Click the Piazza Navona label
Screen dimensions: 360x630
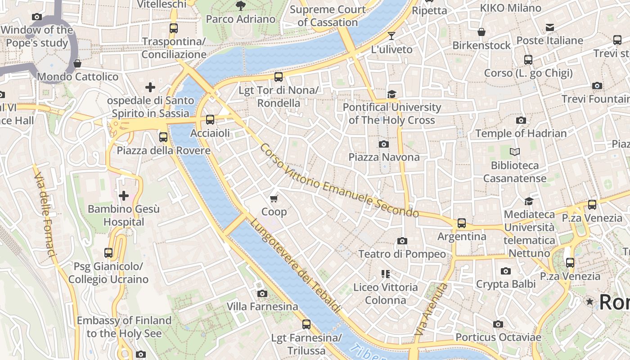pyautogui.click(x=384, y=157)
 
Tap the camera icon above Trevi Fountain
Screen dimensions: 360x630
pyautogui.click(x=597, y=85)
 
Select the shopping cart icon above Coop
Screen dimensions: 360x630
pyautogui.click(x=274, y=198)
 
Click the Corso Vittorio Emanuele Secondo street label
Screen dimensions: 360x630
pyautogui.click(x=339, y=181)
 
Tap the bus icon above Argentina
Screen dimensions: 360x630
pyautogui.click(x=462, y=223)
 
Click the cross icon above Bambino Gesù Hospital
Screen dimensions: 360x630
pyautogui.click(x=124, y=196)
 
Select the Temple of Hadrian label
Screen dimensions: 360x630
pyautogui.click(x=521, y=133)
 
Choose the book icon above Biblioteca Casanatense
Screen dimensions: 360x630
pyautogui.click(x=515, y=152)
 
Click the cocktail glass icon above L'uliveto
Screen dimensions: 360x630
pyautogui.click(x=391, y=36)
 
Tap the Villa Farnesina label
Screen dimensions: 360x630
pyautogui.click(x=262, y=306)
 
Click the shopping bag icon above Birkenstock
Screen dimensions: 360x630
pyautogui.click(x=481, y=32)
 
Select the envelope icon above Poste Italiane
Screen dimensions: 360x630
pyautogui.click(x=549, y=27)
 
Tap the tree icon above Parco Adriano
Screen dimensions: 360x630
pyautogui.click(x=241, y=6)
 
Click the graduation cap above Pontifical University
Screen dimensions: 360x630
pyautogui.click(x=392, y=94)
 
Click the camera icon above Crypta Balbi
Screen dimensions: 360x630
pyautogui.click(x=506, y=271)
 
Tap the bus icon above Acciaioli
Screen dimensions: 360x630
pyautogui.click(x=210, y=120)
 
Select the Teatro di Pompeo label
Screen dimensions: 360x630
pyautogui.click(x=402, y=254)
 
